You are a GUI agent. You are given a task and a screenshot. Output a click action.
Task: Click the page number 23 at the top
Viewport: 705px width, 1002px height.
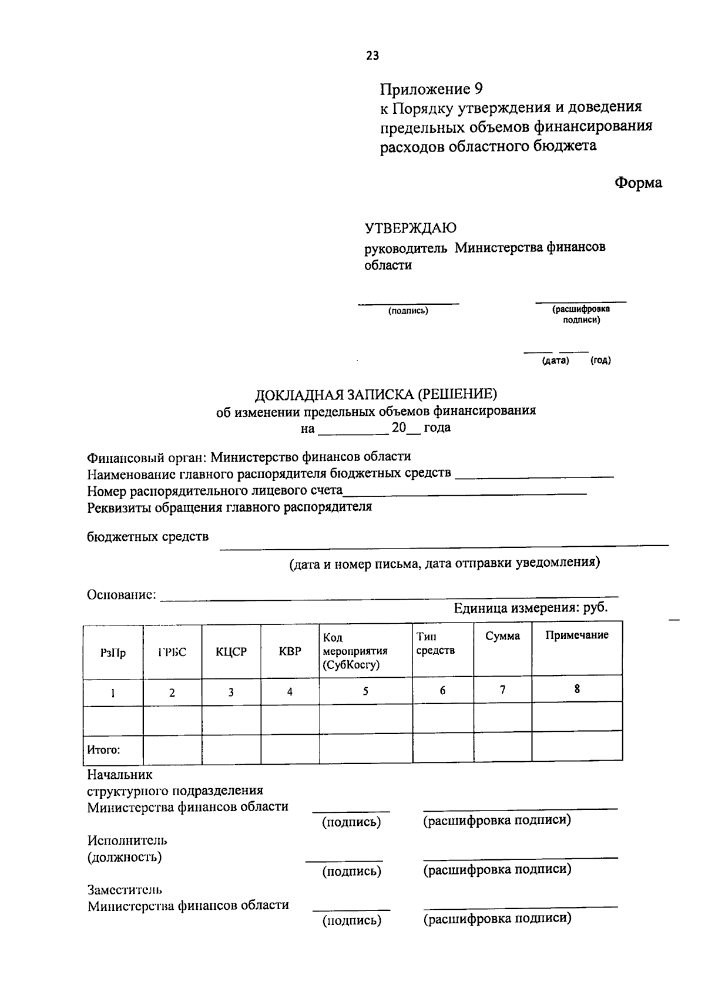click(x=372, y=56)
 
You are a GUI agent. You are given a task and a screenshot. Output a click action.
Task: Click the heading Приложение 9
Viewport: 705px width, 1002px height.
click(x=431, y=89)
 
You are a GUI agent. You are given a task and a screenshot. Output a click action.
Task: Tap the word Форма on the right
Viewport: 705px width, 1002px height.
click(x=638, y=183)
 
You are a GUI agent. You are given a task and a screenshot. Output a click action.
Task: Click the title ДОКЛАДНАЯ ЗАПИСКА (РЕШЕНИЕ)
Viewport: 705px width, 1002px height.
click(x=375, y=394)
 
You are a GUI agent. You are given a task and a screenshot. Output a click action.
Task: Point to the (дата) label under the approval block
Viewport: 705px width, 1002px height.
click(x=555, y=361)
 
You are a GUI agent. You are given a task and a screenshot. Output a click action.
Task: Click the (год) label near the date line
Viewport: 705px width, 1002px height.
click(x=600, y=361)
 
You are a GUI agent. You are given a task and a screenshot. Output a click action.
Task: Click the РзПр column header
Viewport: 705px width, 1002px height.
click(x=113, y=653)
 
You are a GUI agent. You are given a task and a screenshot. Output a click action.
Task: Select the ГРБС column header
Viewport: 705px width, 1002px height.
click(x=172, y=652)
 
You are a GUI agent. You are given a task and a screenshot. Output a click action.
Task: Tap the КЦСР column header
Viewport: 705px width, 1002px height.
click(x=231, y=651)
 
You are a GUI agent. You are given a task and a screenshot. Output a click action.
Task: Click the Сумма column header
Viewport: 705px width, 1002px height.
click(x=502, y=636)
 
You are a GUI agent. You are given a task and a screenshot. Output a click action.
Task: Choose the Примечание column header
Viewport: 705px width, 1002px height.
click(x=576, y=635)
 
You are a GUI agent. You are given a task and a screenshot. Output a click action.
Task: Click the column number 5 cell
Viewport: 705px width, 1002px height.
click(x=365, y=691)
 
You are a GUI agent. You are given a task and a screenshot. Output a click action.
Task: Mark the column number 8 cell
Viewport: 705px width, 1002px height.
click(x=577, y=689)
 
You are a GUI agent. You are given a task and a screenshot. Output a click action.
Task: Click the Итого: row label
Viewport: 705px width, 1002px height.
click(x=103, y=750)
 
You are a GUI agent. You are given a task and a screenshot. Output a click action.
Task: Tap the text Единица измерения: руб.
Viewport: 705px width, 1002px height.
click(x=530, y=608)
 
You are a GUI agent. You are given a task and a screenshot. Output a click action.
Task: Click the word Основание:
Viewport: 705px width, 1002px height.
click(x=122, y=595)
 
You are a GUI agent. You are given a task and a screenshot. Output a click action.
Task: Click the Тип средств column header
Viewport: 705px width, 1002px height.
click(x=435, y=644)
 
